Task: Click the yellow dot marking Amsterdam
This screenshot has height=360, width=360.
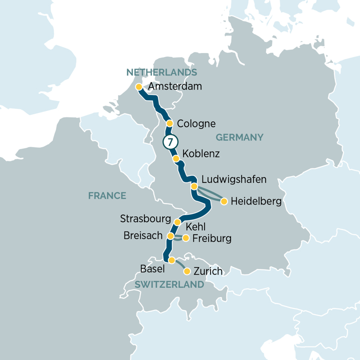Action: [139, 87]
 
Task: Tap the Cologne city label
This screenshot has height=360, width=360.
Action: [196, 123]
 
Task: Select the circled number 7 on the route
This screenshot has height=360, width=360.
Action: [169, 142]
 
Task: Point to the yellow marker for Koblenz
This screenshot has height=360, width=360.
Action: [176, 159]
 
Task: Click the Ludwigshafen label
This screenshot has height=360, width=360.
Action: [233, 179]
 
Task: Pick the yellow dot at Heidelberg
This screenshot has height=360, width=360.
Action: [224, 201]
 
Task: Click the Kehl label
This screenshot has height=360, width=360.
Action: [195, 227]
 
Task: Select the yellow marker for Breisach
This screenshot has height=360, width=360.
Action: [170, 235]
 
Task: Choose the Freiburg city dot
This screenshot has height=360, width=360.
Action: [186, 238]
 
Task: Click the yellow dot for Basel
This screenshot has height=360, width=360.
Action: [171, 260]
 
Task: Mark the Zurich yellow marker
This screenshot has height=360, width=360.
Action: [187, 271]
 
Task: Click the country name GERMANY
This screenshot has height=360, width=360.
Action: [239, 137]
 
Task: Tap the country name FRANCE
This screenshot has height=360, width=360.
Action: [107, 195]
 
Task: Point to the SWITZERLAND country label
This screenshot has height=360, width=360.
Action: [169, 284]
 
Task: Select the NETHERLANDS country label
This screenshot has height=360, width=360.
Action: [161, 72]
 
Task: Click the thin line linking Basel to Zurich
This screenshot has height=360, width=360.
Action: [179, 265]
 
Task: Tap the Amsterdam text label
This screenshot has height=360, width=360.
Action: [175, 86]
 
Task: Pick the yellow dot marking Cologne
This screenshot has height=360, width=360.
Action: [169, 123]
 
